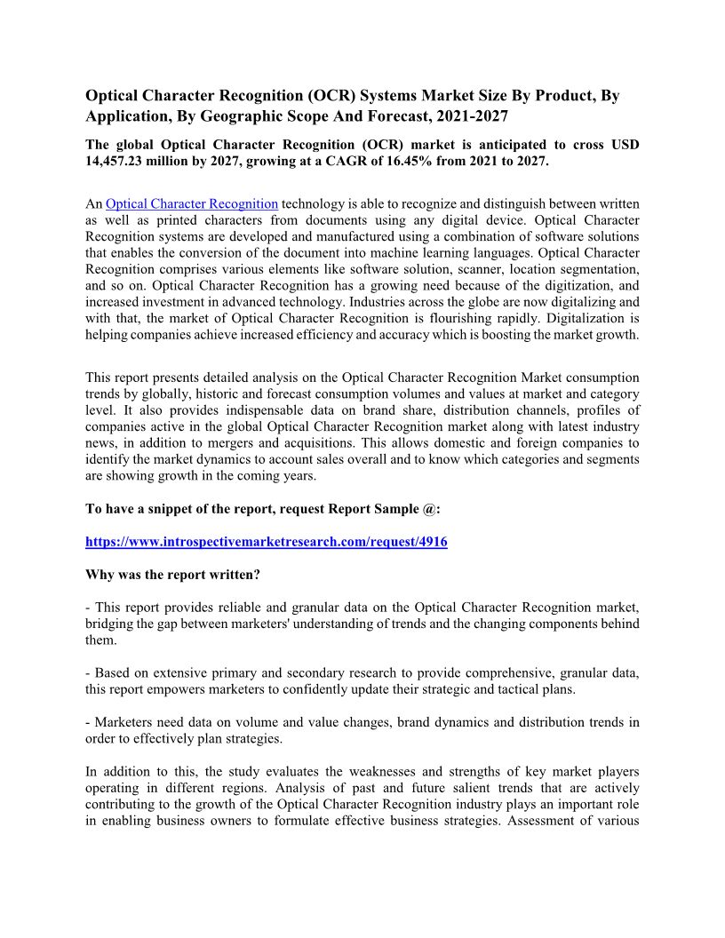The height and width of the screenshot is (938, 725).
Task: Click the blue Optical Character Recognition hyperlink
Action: tap(192, 204)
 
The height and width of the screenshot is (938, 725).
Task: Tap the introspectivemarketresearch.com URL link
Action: tap(266, 541)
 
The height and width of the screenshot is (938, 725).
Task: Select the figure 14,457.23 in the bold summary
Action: tap(121, 161)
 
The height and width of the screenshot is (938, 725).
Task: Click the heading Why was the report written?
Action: tap(172, 574)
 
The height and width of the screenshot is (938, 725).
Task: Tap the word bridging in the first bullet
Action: tap(111, 624)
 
